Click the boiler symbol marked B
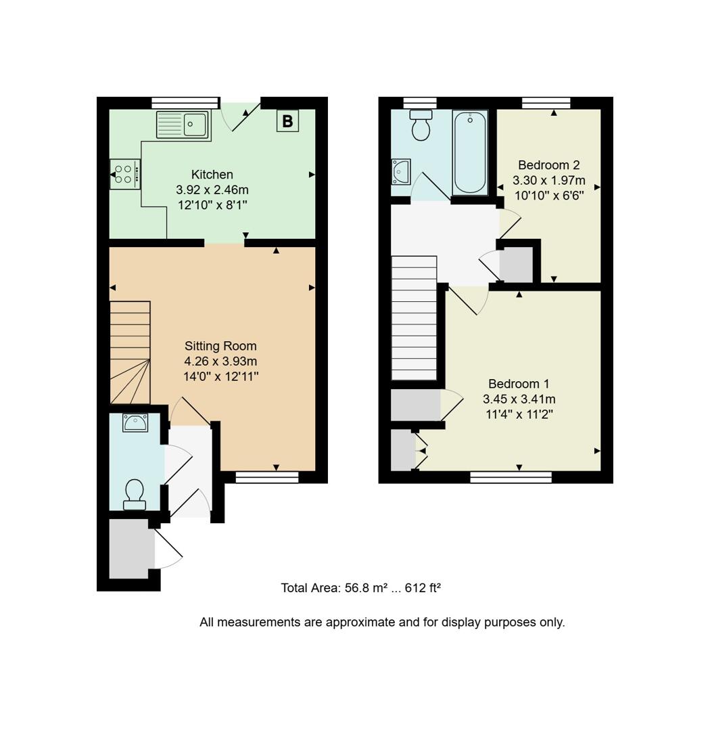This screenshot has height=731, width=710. tap(287, 121)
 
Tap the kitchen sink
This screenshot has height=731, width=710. tap(183, 125)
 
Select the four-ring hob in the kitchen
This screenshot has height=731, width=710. tap(124, 175)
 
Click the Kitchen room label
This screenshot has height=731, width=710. tap(212, 175)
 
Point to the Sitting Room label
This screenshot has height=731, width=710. tap(220, 346)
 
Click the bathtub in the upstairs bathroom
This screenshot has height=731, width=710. tap(470, 153)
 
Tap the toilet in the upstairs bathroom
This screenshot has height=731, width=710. tap(421, 125)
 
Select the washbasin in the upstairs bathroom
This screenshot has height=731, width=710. tap(401, 171)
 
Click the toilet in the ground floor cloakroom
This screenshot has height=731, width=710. tap(135, 494)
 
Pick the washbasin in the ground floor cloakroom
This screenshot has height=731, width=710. tap(135, 423)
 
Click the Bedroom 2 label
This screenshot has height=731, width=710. tap(549, 165)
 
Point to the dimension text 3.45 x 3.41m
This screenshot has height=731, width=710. tap(519, 399)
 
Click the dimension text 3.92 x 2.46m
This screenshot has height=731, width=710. tap(212, 190)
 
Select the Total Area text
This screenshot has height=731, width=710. tap(360, 588)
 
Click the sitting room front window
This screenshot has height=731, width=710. tap(267, 478)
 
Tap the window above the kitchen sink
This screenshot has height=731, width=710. tap(185, 103)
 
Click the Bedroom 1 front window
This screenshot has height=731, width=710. tap(511, 478)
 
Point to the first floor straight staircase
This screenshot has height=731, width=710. tap(415, 318)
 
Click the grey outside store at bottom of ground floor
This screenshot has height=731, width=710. tap(132, 548)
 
